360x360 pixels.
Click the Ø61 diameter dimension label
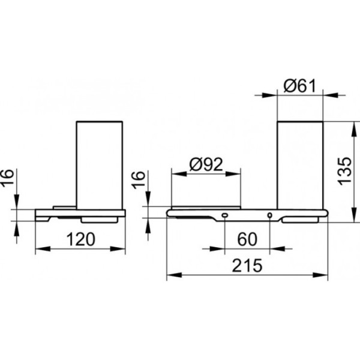(299, 86)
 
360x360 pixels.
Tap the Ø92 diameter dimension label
(206, 164)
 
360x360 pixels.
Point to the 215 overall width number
(247, 265)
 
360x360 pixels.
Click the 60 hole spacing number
(247, 239)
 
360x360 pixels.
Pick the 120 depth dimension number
(80, 239)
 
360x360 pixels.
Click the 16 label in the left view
(7, 178)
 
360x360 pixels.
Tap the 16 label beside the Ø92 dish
(138, 180)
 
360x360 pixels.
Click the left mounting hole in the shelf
(224, 215)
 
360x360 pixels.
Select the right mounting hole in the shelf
(270, 215)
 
